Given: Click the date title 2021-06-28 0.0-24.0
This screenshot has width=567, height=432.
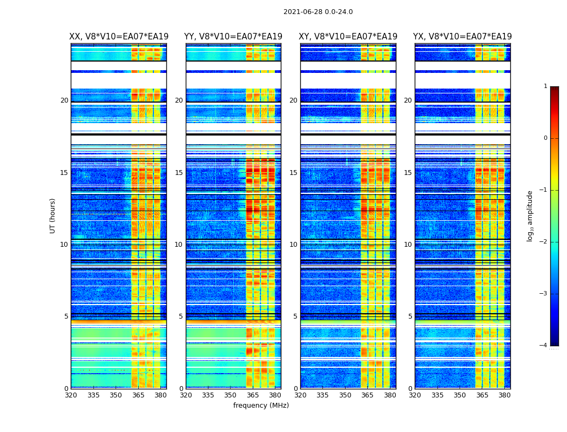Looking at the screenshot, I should [318, 12].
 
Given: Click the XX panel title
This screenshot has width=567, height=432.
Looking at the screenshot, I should [119, 37].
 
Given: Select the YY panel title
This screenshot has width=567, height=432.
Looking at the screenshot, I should [233, 37].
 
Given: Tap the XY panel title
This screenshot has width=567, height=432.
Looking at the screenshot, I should [348, 37].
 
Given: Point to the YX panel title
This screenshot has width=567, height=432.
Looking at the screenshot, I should [463, 37].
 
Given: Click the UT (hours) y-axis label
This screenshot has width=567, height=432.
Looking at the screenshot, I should [52, 215].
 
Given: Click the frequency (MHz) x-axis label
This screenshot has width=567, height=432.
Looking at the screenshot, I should [261, 406].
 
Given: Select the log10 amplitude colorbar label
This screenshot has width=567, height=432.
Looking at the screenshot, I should [530, 215].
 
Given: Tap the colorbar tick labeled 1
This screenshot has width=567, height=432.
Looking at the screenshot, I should [545, 86].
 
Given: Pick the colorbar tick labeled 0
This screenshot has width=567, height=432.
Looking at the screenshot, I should [545, 138].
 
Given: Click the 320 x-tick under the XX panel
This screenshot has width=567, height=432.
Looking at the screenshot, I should [71, 395].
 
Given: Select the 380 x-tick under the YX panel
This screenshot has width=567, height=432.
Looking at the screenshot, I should [504, 395].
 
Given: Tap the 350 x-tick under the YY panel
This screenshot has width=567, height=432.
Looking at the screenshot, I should [231, 395].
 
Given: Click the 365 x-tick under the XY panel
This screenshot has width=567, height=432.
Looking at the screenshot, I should [367, 395].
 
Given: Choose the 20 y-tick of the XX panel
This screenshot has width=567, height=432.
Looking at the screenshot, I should [64, 100].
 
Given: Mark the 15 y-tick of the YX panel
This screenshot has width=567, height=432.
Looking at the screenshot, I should [408, 173].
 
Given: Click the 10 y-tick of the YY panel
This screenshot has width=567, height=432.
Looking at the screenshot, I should [179, 245].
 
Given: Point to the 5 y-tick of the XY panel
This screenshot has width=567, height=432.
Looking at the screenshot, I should [295, 316].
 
